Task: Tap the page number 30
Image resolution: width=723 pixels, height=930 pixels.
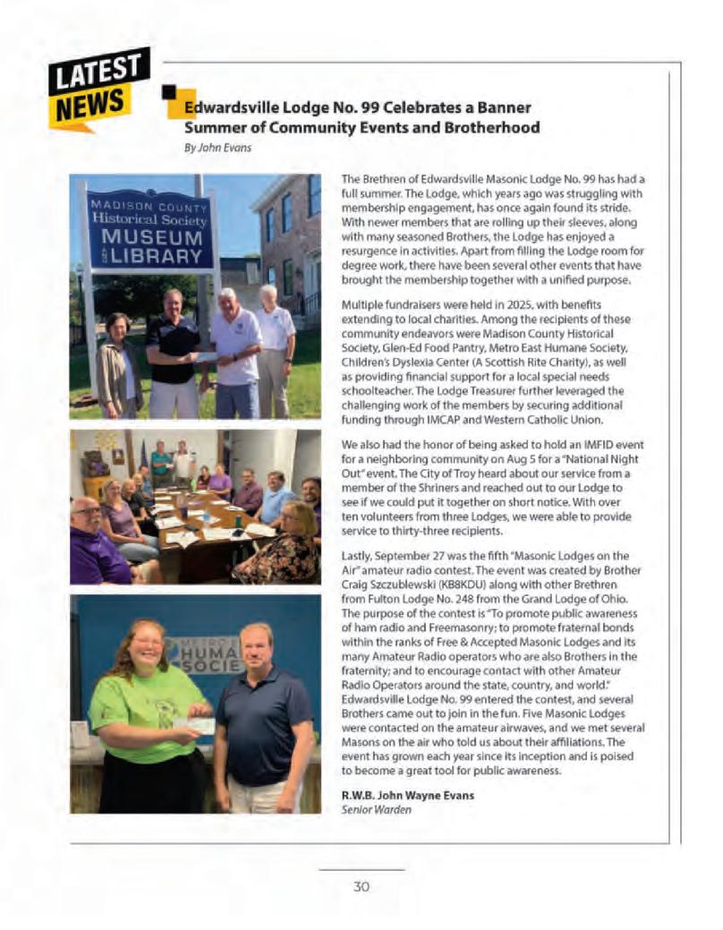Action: point(361,887)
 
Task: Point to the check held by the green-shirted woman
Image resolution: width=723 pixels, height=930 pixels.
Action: point(194,725)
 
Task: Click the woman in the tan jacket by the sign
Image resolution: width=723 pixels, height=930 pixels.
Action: point(119,363)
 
